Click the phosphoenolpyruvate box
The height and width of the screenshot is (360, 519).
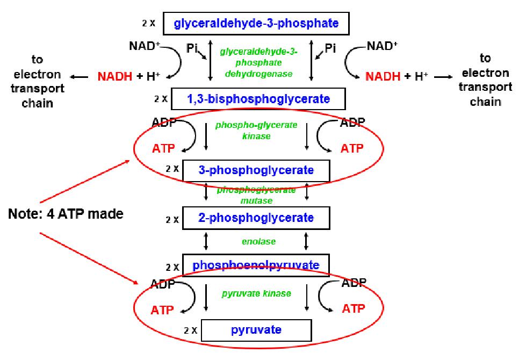(x=256, y=265)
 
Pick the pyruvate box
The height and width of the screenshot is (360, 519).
(x=256, y=329)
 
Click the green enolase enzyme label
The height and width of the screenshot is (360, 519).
(x=258, y=242)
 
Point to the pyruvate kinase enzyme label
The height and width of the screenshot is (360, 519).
(x=256, y=294)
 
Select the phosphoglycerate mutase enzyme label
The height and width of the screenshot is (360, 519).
(x=256, y=195)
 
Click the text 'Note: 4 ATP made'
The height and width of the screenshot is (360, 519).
(x=66, y=214)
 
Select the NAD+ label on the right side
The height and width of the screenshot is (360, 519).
(x=383, y=47)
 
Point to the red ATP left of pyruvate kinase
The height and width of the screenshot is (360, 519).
(x=163, y=309)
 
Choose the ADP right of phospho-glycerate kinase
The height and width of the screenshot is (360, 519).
(x=353, y=123)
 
